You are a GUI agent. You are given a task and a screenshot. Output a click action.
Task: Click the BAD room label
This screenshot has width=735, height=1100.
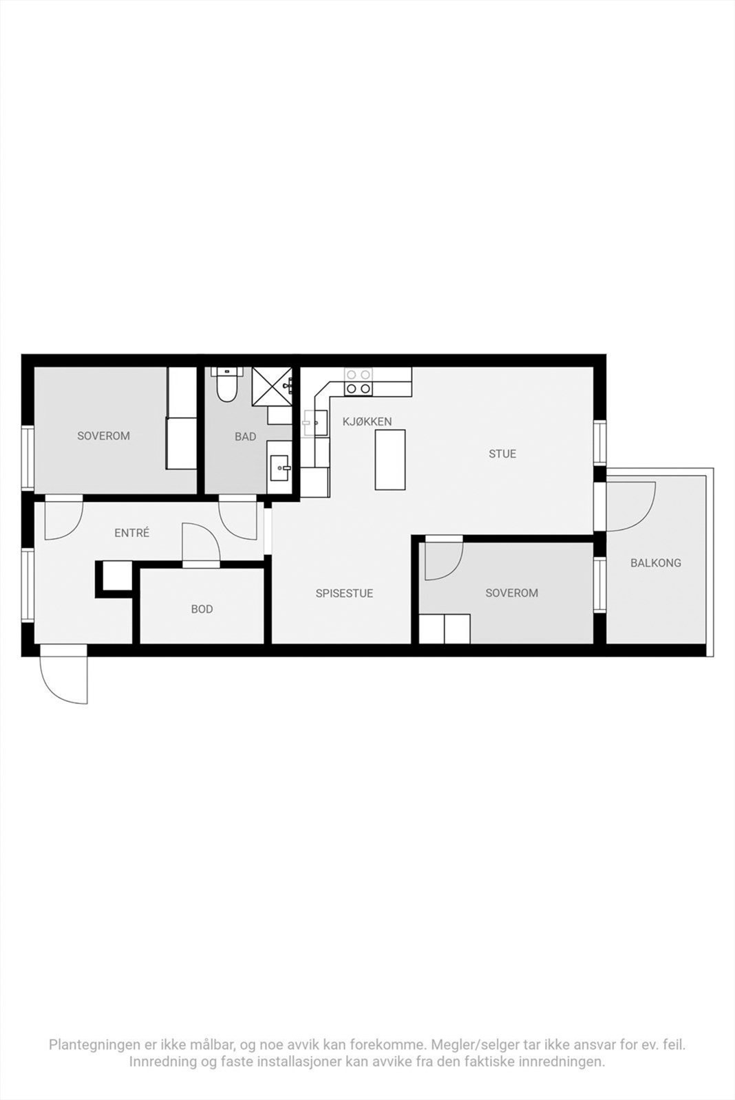[245, 437]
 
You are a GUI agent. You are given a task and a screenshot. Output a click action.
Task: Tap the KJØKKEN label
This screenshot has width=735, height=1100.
[367, 421]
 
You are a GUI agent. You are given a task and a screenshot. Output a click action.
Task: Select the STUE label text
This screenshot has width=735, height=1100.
[502, 454]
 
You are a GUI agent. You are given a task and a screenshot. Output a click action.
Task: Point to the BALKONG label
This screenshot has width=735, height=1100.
[655, 563]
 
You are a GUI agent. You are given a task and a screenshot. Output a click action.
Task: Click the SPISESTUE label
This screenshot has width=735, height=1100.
[344, 593]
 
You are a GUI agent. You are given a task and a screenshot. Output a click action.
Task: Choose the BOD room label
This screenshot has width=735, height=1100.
[202, 609]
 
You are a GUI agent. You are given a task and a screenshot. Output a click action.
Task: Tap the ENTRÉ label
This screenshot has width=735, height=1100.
[131, 533]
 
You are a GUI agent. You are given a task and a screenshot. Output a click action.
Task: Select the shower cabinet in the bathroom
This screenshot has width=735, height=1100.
[272, 387]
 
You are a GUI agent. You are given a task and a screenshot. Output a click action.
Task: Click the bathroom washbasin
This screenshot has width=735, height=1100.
[279, 468]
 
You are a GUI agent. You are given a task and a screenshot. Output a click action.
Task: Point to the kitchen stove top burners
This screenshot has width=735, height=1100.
[358, 382]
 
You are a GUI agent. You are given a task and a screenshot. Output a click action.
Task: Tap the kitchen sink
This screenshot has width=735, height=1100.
[315, 423]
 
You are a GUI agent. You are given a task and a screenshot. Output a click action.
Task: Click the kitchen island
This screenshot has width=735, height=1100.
[390, 459]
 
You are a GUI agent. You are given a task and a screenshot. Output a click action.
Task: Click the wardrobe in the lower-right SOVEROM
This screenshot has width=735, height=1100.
[445, 629]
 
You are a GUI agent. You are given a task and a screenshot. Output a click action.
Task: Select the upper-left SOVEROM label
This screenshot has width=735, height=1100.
[103, 436]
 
